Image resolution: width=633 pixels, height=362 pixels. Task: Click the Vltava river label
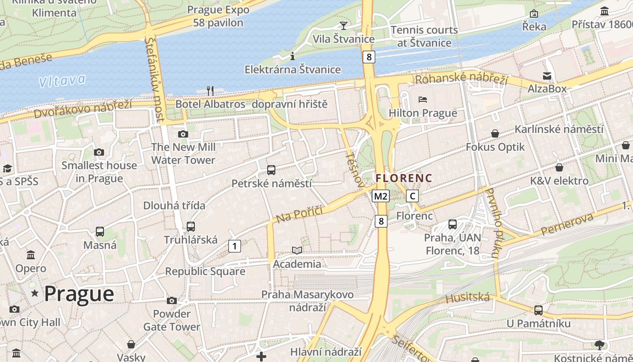point(61,81)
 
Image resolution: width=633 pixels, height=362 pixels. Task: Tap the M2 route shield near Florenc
point(380,196)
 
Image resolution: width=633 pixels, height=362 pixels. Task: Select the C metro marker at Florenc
point(412,196)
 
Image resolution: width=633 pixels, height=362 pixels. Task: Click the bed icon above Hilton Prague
point(423,99)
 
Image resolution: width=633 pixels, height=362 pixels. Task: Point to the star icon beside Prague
point(35,294)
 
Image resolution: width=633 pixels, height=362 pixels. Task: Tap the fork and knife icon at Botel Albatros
point(210,90)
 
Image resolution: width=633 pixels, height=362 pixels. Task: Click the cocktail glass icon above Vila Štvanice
point(344,25)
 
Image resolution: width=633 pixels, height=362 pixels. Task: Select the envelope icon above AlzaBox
point(547,76)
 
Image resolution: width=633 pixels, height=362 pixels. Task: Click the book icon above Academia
point(297,250)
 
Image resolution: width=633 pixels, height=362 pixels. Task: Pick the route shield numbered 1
point(234,246)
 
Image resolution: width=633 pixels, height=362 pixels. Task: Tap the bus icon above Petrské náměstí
point(271,170)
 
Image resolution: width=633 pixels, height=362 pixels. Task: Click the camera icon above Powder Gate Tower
point(172,300)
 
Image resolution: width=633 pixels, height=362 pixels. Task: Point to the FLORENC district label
point(404,178)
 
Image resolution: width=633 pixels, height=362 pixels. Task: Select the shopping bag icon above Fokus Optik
point(495,133)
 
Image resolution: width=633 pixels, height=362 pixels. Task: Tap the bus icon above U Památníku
point(538,310)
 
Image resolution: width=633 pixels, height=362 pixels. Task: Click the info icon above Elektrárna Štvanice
point(293,56)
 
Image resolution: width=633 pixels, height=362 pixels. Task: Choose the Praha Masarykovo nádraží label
point(307,301)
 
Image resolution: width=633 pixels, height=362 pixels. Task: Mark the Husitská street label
point(468,298)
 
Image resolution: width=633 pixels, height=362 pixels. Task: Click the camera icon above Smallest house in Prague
point(99,152)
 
